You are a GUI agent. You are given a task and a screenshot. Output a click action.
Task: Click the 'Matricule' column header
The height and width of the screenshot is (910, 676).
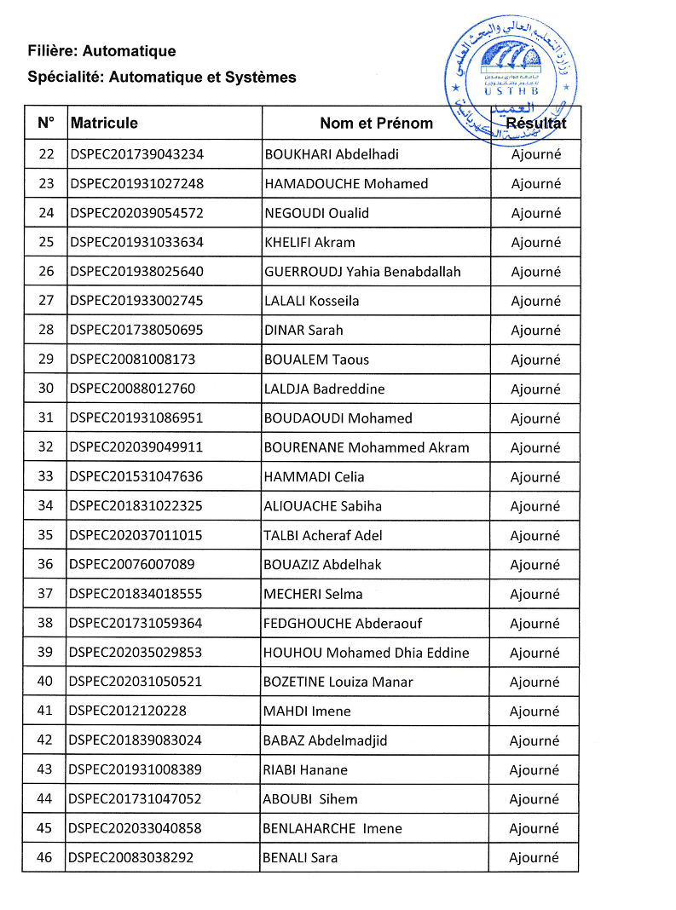[x=104, y=123]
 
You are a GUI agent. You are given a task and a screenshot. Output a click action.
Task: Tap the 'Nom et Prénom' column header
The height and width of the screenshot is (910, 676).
[x=376, y=123]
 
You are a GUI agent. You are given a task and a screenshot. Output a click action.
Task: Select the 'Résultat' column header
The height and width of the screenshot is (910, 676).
[x=535, y=123]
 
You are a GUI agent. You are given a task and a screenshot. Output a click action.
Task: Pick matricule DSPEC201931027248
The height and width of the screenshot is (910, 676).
[x=137, y=183]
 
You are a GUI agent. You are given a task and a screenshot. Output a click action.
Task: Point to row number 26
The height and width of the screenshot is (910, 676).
[x=46, y=271]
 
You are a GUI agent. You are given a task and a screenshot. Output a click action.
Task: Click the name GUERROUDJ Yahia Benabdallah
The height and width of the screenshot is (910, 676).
[x=362, y=271]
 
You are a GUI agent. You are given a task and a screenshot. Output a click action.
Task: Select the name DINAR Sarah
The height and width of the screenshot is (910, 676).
[x=303, y=330]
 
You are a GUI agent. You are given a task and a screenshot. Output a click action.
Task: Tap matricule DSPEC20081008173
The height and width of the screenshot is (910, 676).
[x=133, y=359]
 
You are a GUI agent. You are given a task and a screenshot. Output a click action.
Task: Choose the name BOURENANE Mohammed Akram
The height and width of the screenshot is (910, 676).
[x=367, y=447]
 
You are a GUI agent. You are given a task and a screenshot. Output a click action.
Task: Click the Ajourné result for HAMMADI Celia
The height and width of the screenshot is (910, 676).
[x=535, y=476]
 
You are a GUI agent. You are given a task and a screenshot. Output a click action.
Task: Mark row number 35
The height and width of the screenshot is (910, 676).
[x=46, y=535]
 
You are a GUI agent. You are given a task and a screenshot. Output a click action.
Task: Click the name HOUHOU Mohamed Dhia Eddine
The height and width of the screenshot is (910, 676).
[x=367, y=653]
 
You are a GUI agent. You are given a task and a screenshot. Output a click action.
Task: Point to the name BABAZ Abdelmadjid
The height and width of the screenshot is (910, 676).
[x=325, y=740]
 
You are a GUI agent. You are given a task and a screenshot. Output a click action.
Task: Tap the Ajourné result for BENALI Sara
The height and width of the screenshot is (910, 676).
[x=534, y=857]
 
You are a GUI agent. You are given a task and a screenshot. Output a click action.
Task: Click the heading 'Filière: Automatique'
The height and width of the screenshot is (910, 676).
[x=101, y=52]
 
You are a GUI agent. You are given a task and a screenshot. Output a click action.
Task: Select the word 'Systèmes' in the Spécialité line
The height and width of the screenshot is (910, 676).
[x=264, y=78]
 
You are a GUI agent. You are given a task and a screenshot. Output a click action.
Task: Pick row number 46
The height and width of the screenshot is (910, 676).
[x=46, y=857]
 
